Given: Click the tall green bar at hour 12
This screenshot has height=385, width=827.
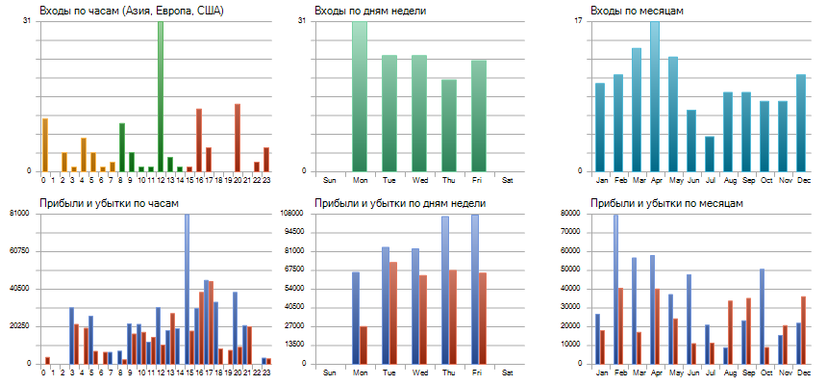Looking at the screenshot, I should click(161, 96).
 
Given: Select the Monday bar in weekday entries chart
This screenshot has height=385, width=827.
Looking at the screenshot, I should click(360, 96).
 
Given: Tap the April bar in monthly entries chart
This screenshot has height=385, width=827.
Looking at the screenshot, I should click(655, 96).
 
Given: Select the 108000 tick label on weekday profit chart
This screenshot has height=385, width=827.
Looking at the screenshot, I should click(289, 213).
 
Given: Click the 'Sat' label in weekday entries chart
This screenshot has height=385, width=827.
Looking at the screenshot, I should click(508, 180).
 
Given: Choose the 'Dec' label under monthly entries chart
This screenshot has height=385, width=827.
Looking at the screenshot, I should click(800, 180).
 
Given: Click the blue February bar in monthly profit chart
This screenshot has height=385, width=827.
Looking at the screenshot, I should click(615, 289).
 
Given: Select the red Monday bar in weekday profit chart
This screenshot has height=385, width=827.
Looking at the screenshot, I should click(363, 345).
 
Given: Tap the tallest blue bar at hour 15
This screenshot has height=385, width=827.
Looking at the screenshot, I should click(187, 289).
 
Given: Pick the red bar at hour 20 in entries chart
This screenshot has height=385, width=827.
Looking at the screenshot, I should click(238, 138).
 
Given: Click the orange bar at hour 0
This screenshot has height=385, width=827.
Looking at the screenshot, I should click(44, 144).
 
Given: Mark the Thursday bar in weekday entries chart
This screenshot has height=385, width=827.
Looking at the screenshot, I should click(448, 125).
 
